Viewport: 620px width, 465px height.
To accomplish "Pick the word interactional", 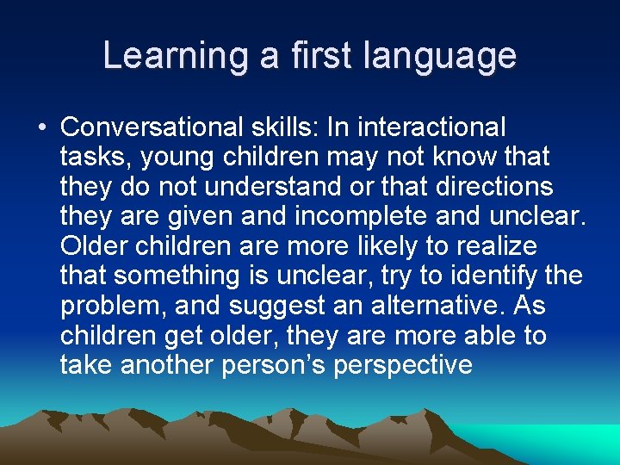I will pyautogui.click(x=431, y=127).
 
